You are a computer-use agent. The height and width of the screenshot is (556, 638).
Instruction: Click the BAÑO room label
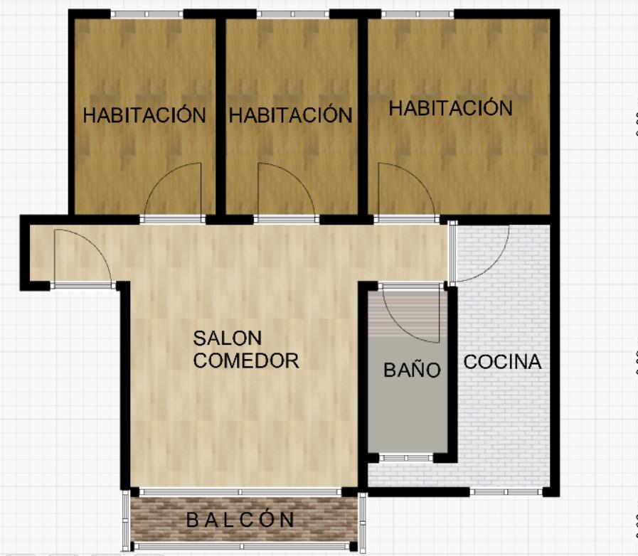coord(413,369)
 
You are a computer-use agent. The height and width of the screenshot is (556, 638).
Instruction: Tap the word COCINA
coord(503,362)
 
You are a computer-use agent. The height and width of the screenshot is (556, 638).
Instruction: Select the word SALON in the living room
coord(228,338)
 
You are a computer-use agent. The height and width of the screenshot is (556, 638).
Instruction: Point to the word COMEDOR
coord(246,360)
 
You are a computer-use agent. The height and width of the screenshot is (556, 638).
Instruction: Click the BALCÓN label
coord(240,519)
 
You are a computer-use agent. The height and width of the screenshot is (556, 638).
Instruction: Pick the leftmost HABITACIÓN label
coord(144,114)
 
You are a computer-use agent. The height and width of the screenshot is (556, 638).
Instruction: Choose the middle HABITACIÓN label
coord(290,114)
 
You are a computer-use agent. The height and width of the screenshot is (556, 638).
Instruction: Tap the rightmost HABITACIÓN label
coord(450,108)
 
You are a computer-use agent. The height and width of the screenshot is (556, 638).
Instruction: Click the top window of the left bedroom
coord(147,14)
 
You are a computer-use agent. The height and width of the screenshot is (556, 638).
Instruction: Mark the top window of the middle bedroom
coord(293,14)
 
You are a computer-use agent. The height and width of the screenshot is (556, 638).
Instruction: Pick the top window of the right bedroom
coord(418,14)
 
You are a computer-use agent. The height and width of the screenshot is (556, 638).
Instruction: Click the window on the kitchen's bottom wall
coord(506,492)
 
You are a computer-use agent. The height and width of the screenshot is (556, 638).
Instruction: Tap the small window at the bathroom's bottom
coord(406,458)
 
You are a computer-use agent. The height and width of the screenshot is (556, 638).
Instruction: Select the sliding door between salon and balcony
coord(240,492)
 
